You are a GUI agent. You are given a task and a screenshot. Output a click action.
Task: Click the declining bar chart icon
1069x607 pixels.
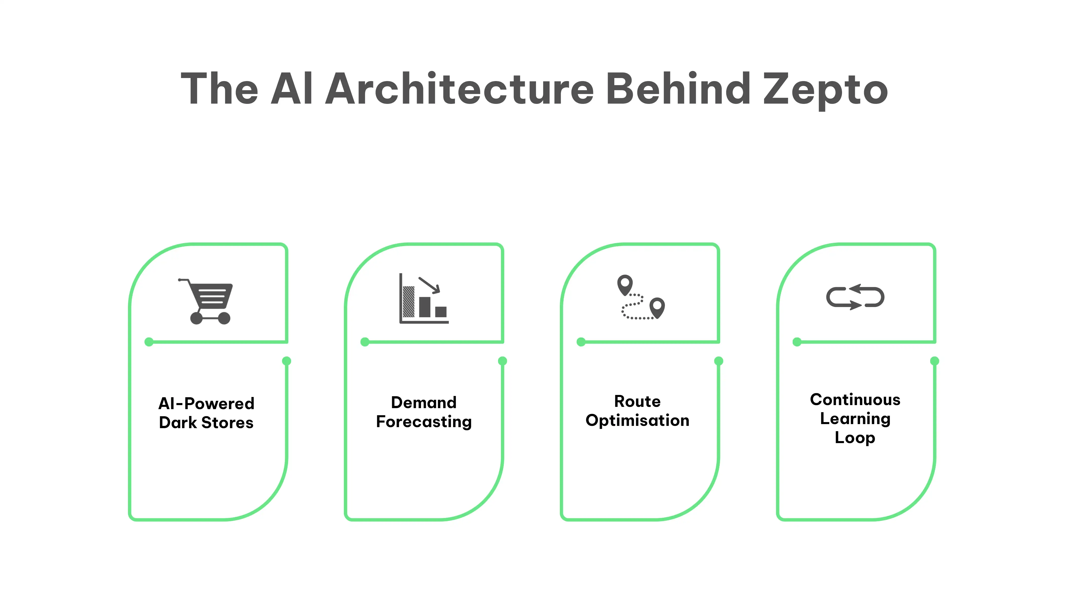click(424, 298)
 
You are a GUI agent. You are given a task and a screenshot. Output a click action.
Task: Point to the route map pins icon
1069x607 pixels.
click(641, 297)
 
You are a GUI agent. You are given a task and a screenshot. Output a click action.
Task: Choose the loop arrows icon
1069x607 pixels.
click(855, 297)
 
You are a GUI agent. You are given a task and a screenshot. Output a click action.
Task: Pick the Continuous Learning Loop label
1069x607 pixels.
click(855, 419)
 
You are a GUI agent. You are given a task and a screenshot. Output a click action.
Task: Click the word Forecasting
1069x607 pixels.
click(424, 422)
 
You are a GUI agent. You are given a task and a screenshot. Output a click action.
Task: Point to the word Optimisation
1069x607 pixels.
click(638, 421)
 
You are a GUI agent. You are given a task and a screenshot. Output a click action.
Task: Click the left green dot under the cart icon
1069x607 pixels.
click(149, 342)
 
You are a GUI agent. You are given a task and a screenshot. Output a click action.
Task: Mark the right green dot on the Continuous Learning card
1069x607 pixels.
click(935, 361)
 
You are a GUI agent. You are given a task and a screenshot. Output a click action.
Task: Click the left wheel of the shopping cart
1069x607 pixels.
click(196, 318)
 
